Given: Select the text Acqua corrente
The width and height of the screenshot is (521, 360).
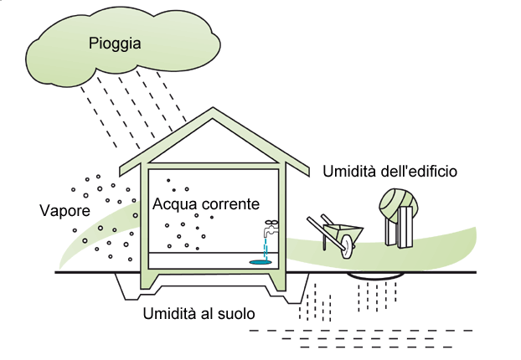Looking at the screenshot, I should click(205, 204).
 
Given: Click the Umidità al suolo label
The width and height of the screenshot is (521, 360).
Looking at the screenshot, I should click(199, 314).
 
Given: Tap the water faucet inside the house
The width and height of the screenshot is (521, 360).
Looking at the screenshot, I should click(268, 229).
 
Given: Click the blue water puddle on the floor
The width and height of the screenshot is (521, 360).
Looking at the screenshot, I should click(261, 262).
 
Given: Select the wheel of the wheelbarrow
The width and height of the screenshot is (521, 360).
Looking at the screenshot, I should click(347, 244).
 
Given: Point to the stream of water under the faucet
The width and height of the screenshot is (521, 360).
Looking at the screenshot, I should click(266, 248).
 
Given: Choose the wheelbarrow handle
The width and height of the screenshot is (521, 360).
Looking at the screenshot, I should click(313, 221).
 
